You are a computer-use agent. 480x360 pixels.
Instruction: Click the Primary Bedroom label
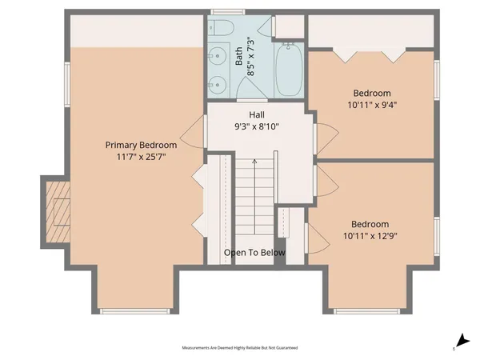141,145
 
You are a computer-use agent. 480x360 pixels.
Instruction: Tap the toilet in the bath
222,30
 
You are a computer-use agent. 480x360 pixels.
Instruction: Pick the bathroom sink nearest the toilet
218,56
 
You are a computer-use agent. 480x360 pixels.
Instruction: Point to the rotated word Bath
238,56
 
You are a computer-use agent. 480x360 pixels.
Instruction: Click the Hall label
256,114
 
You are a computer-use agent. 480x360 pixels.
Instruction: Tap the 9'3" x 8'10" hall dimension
256,126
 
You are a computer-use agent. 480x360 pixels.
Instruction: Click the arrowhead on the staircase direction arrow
254,162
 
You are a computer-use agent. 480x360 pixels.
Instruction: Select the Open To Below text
254,253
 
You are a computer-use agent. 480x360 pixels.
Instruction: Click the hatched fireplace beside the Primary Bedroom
57,210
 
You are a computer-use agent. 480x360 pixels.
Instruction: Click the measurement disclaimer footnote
240,348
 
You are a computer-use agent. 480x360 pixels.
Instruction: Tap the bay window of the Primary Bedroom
133,310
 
